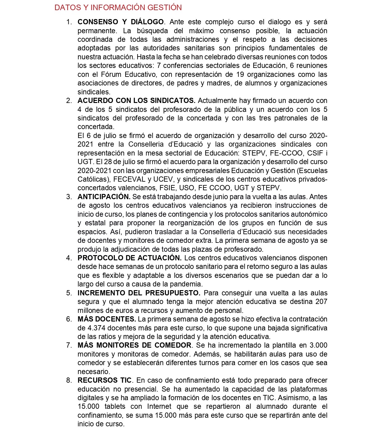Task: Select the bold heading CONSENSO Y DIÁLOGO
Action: pyautogui.click(x=120, y=22)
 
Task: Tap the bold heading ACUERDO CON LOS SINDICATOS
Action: pyautogui.click(x=136, y=101)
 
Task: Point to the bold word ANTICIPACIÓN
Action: pyautogui.click(x=104, y=197)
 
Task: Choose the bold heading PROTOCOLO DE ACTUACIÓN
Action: pyautogui.click(x=129, y=258)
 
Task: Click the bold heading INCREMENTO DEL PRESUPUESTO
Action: pyautogui.click(x=139, y=293)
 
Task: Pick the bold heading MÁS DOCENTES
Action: pyautogui.click(x=107, y=319)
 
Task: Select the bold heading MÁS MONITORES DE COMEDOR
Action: pyautogui.click(x=135, y=345)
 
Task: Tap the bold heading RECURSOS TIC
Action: pyautogui.click(x=104, y=380)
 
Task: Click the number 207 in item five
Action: pyautogui.click(x=321, y=302)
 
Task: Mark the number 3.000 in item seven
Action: pyautogui.click(x=318, y=345)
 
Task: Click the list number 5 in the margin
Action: pyautogui.click(x=69, y=293)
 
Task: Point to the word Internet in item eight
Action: pyautogui.click(x=159, y=406)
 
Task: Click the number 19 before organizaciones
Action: pyautogui.click(x=240, y=74)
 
